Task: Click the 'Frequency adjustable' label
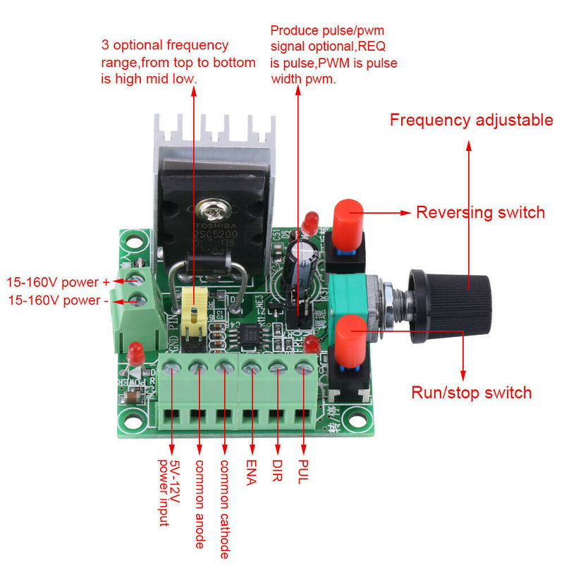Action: (x=471, y=120)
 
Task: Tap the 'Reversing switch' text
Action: (x=480, y=212)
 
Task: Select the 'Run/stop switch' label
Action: (x=471, y=393)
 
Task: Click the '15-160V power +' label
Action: (x=58, y=282)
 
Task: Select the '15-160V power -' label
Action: (x=58, y=300)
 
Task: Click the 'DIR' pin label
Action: (x=278, y=472)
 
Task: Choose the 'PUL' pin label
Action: (x=303, y=472)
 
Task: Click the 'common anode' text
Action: (x=200, y=503)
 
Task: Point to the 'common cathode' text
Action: (x=225, y=508)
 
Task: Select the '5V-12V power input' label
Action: (x=170, y=493)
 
